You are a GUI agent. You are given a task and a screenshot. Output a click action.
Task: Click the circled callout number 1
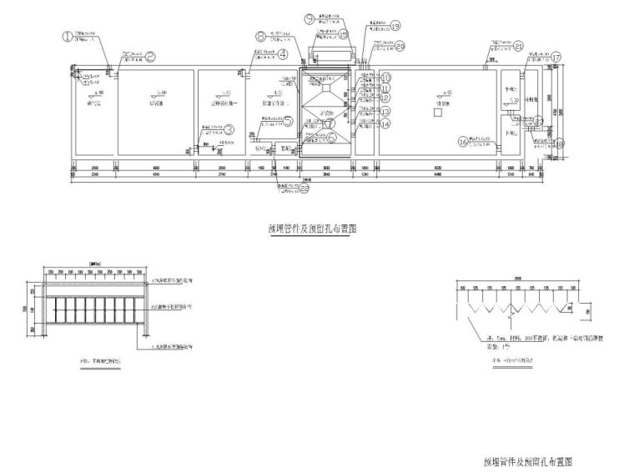[x=68, y=36]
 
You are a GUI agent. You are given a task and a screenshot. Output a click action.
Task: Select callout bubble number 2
[x=152, y=57]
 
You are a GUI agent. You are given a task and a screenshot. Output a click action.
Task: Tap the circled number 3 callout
[x=229, y=129]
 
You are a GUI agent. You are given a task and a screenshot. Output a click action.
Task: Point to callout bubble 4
[x=284, y=55]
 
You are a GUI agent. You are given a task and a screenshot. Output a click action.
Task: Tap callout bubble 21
[x=518, y=46]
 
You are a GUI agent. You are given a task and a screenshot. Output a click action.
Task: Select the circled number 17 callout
[x=556, y=57]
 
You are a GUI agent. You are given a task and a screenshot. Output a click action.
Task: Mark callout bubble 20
[x=400, y=46]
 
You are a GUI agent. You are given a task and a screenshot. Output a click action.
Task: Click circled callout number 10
[x=385, y=78]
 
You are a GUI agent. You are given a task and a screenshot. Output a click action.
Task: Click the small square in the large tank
[x=435, y=109]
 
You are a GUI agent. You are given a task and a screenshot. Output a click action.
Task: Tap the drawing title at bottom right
[x=528, y=460]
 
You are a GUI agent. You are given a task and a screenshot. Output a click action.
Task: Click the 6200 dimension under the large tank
[x=438, y=168]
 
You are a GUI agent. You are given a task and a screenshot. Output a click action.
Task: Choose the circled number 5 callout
[x=288, y=120]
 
